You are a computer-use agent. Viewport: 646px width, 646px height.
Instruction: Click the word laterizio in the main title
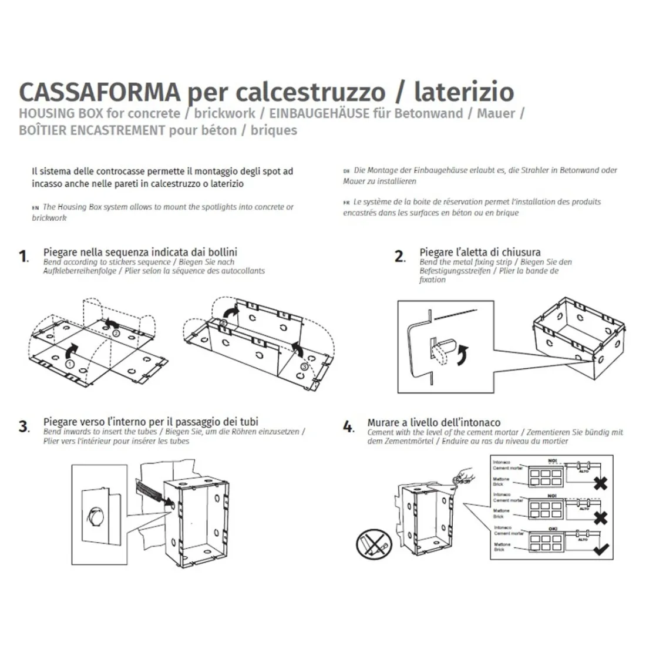tap(464, 92)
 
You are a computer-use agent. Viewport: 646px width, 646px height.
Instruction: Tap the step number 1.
tap(23, 256)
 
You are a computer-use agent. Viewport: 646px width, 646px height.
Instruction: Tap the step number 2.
tap(400, 256)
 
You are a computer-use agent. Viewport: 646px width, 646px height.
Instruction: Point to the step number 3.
tap(23, 426)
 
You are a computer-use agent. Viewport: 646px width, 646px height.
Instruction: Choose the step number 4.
tap(349, 426)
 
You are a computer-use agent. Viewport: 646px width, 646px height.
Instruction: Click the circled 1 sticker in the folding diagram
tap(69, 364)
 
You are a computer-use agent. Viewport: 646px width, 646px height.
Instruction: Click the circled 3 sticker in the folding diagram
tap(304, 367)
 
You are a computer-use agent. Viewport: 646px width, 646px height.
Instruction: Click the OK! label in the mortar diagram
tap(552, 529)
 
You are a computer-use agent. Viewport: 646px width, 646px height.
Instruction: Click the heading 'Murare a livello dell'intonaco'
tap(433, 422)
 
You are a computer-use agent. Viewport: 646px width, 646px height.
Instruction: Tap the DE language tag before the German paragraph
tap(346, 171)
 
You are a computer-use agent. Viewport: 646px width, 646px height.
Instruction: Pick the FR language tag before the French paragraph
tap(346, 203)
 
